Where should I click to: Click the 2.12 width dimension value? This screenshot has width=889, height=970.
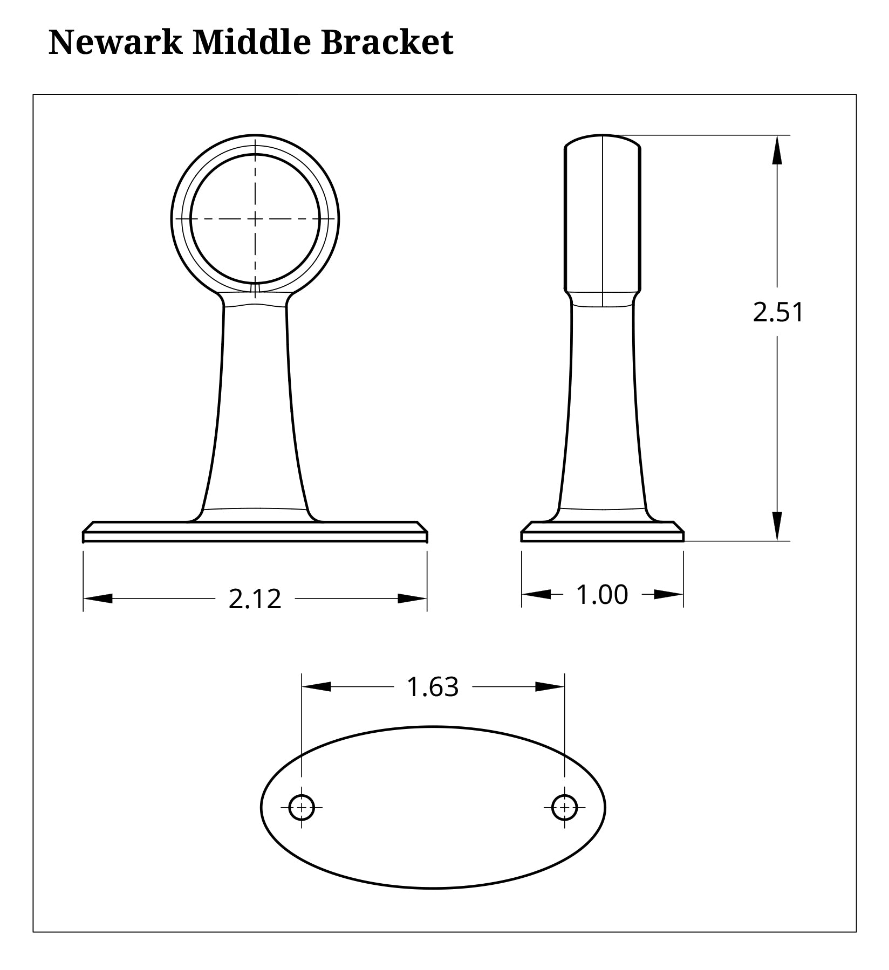[255, 599]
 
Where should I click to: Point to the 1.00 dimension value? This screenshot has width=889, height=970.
[602, 595]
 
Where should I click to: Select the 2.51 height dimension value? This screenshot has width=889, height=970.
[778, 313]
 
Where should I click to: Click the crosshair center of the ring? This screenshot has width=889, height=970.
[255, 218]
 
